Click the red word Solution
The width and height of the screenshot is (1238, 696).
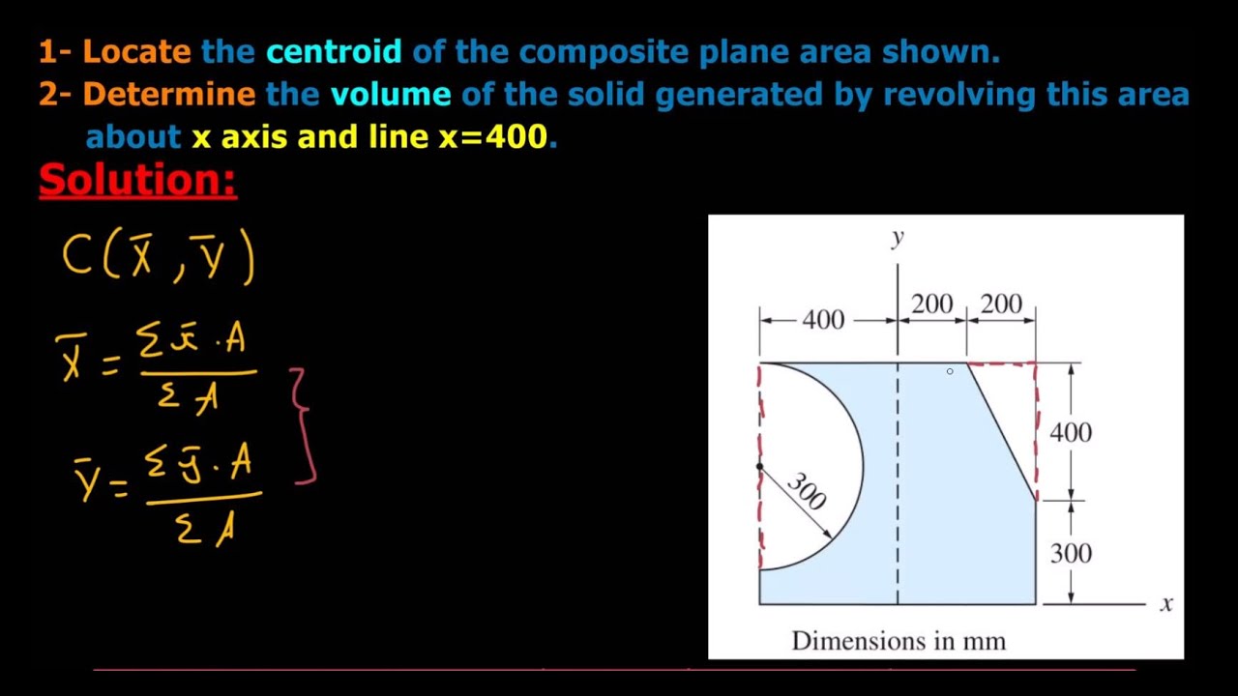pyautogui.click(x=137, y=181)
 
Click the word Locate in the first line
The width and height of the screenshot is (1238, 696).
pyautogui.click(x=136, y=51)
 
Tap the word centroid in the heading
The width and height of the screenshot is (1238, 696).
pyautogui.click(x=334, y=51)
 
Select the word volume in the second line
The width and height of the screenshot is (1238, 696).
pyautogui.click(x=391, y=94)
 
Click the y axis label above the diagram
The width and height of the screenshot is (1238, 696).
pyautogui.click(x=898, y=237)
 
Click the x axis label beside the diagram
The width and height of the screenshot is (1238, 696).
pyautogui.click(x=1166, y=603)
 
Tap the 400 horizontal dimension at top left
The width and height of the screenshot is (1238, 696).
pyautogui.click(x=823, y=320)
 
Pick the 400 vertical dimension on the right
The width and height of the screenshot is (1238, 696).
pyautogui.click(x=1071, y=432)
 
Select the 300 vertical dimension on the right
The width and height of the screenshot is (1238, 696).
pyautogui.click(x=1071, y=553)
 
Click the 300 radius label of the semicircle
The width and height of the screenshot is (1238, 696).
pyautogui.click(x=807, y=491)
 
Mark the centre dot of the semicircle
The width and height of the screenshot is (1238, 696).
pyautogui.click(x=759, y=467)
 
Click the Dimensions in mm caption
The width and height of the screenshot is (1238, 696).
pyautogui.click(x=899, y=641)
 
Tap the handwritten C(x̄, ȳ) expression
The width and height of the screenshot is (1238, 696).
pyautogui.click(x=159, y=258)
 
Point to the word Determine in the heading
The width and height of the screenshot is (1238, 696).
pyautogui.click(x=168, y=94)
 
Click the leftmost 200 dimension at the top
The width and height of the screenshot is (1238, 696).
pyautogui.click(x=931, y=304)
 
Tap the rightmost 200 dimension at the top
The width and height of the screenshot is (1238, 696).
pyautogui.click(x=1001, y=304)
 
